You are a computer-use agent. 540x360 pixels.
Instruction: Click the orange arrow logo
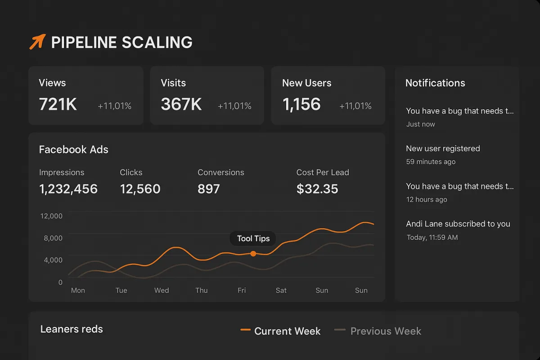point(37,41)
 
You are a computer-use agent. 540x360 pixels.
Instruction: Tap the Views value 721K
point(58,104)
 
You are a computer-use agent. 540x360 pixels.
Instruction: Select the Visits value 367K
point(181,104)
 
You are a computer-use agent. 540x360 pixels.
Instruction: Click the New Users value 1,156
point(301,104)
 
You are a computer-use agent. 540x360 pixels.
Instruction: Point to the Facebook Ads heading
point(73,149)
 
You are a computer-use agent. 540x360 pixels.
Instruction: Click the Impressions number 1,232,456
point(68,189)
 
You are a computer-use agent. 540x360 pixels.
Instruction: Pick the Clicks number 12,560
point(140,189)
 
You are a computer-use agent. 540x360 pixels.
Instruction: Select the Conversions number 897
point(209,189)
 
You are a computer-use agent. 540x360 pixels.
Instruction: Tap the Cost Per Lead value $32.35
point(317,189)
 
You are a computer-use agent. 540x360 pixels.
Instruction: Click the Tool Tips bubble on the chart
point(253,238)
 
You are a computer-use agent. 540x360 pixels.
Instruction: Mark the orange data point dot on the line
point(253,254)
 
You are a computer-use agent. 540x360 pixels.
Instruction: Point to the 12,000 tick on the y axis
point(51,216)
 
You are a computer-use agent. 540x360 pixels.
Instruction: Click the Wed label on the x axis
point(162,290)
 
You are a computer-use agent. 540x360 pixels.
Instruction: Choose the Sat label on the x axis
point(281,290)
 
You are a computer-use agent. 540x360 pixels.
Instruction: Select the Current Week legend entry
point(281,331)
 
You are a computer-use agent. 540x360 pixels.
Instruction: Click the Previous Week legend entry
point(378,331)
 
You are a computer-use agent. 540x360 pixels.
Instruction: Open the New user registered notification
point(443,148)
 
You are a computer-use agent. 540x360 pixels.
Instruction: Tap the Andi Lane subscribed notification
point(458,224)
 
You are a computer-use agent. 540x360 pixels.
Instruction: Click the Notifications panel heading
point(435,83)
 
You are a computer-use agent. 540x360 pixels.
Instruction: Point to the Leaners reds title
point(72,329)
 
